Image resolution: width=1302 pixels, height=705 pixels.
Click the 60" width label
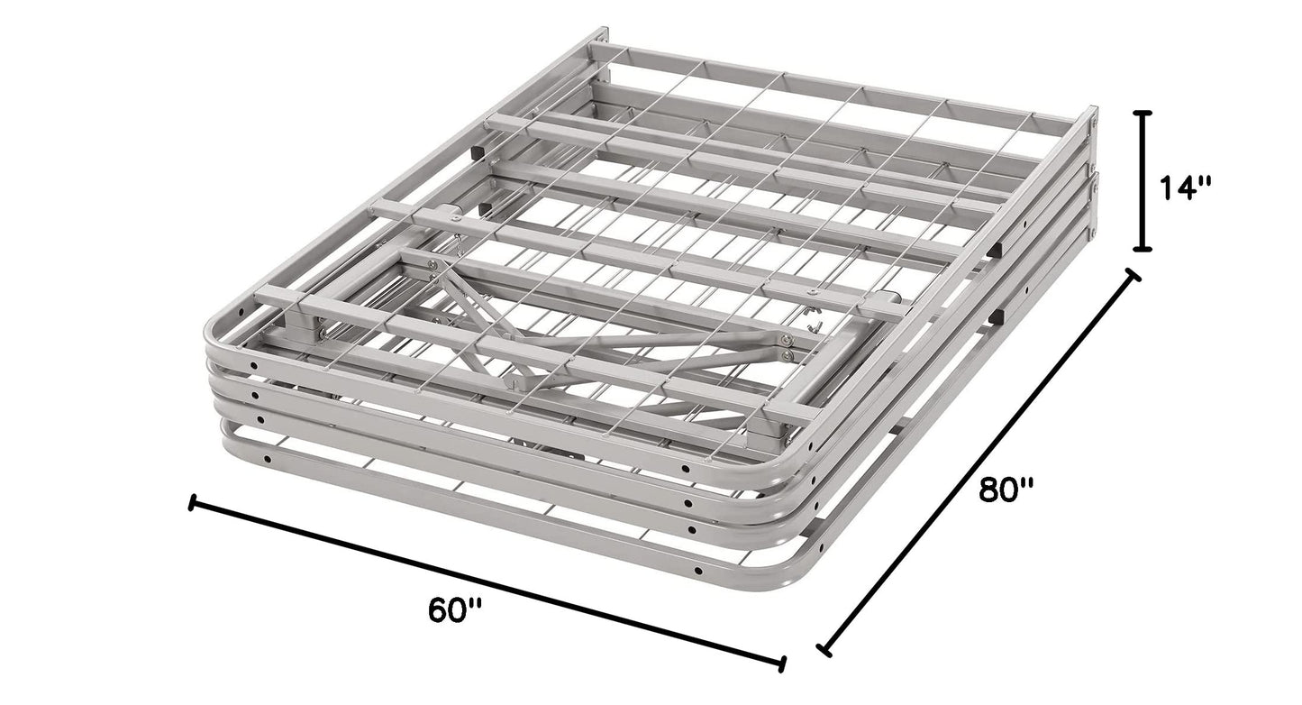455,610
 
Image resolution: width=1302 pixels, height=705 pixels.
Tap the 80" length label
1007,490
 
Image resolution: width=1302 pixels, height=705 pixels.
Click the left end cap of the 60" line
192,502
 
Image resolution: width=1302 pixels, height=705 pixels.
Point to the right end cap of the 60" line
782,664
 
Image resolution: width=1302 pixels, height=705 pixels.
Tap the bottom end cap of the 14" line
1143,248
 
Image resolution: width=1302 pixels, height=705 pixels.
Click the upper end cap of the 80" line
1132,275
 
